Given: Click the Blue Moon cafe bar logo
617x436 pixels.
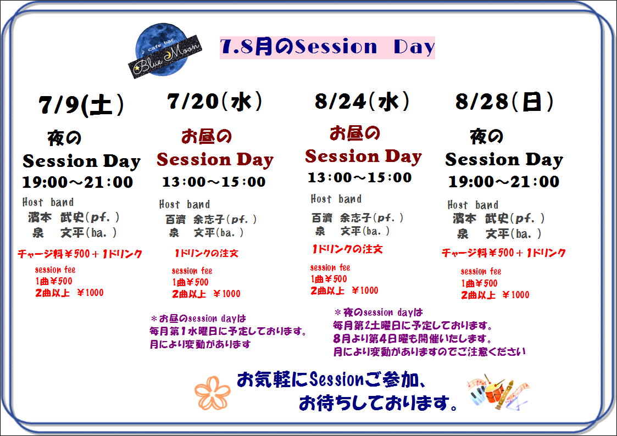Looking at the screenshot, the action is pos(165,51).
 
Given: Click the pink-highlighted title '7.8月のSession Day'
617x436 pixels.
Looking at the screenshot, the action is pos(327,47).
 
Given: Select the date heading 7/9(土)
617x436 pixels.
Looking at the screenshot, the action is pos(81,105).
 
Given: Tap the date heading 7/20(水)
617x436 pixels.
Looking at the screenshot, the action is pos(214,102).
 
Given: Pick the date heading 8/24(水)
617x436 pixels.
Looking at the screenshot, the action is pos(362,102).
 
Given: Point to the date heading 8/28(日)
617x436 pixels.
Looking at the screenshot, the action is pos(504,102).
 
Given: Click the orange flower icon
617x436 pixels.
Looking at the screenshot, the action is pos(213,393).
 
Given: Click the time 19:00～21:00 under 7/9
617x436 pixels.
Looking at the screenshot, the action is pos(77,182).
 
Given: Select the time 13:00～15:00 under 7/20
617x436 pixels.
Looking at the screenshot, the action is pos(214,182).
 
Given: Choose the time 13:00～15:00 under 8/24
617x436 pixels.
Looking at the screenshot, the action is pos(360,177).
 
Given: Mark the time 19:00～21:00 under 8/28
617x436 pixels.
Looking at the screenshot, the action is pos(504,181).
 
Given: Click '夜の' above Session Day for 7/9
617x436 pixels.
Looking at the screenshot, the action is pos(64,138).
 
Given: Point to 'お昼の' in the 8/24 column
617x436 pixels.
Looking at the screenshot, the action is pos(354,133).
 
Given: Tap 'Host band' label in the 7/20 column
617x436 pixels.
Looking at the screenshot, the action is pos(185,204).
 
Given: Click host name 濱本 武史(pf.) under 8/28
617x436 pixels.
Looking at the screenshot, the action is pos(498,218).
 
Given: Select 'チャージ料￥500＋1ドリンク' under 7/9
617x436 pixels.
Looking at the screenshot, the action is pos(80,254).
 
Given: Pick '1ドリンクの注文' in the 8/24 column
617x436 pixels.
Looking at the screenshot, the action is pos(347,249).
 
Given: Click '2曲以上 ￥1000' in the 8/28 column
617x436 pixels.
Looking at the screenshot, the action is pos(495,295).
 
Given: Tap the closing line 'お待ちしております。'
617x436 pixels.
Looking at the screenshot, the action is pos(379,403).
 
